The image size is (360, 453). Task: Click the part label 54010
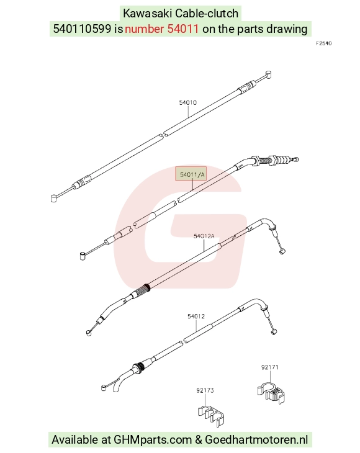click(x=188, y=102)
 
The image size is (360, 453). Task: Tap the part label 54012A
click(x=204, y=236)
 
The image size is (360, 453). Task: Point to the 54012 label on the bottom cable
click(x=196, y=316)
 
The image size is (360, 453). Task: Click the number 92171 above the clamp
click(x=270, y=367)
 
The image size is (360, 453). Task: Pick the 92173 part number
click(x=205, y=390)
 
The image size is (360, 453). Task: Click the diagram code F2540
click(x=324, y=43)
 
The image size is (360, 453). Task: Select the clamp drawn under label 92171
click(x=271, y=392)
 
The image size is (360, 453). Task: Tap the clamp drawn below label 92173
click(x=212, y=415)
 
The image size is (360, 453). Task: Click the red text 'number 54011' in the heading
click(x=162, y=29)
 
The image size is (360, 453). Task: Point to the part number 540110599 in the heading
click(x=82, y=29)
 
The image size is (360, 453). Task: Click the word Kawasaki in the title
click(x=148, y=13)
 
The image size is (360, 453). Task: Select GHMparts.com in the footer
click(x=153, y=440)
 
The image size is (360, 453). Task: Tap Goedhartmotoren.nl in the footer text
click(x=256, y=440)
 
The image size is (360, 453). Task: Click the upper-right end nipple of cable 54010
click(x=268, y=74)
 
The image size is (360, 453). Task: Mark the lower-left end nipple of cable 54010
click(x=54, y=199)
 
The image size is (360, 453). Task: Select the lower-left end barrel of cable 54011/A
click(x=83, y=256)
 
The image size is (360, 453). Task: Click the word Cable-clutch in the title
click(x=207, y=13)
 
